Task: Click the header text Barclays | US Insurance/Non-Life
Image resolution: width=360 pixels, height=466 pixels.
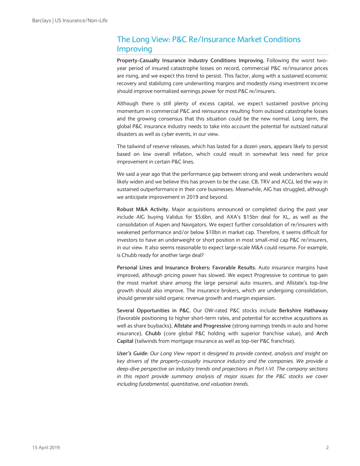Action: pos(70,20)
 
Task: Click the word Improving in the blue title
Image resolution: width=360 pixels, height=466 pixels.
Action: pos(134,49)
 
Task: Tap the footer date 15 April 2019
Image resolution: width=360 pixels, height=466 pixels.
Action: pos(46,447)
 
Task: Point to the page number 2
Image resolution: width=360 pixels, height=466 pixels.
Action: pos(327,447)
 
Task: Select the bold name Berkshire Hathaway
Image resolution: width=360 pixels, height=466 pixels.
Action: pos(304,311)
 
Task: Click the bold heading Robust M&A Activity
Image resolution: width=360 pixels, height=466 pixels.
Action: pos(143,210)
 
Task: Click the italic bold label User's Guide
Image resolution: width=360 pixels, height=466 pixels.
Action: pos(132,353)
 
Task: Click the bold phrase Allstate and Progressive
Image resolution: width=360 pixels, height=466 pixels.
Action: pos(202,326)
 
